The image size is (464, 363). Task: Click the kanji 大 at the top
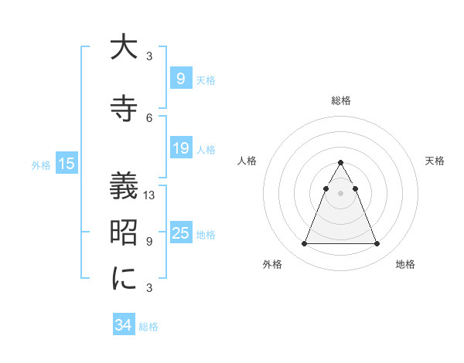click(x=124, y=48)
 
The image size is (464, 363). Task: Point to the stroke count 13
click(x=150, y=195)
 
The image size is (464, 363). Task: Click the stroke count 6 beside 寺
click(x=149, y=117)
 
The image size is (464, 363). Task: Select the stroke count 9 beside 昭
click(x=149, y=241)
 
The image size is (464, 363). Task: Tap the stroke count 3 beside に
click(x=149, y=287)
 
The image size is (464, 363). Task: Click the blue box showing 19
click(x=180, y=148)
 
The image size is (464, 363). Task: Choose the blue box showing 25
click(x=180, y=233)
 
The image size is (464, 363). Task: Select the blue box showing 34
click(x=123, y=325)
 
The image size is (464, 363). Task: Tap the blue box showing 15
click(x=66, y=163)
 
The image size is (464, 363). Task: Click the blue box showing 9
click(x=180, y=78)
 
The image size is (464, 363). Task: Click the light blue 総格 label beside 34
click(x=148, y=327)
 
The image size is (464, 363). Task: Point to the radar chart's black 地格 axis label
click(x=405, y=264)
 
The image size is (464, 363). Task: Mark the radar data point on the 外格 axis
click(x=304, y=244)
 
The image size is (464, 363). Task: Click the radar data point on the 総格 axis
click(x=340, y=162)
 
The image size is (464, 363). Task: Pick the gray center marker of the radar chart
click(x=340, y=193)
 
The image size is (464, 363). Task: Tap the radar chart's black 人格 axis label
click(x=247, y=161)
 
